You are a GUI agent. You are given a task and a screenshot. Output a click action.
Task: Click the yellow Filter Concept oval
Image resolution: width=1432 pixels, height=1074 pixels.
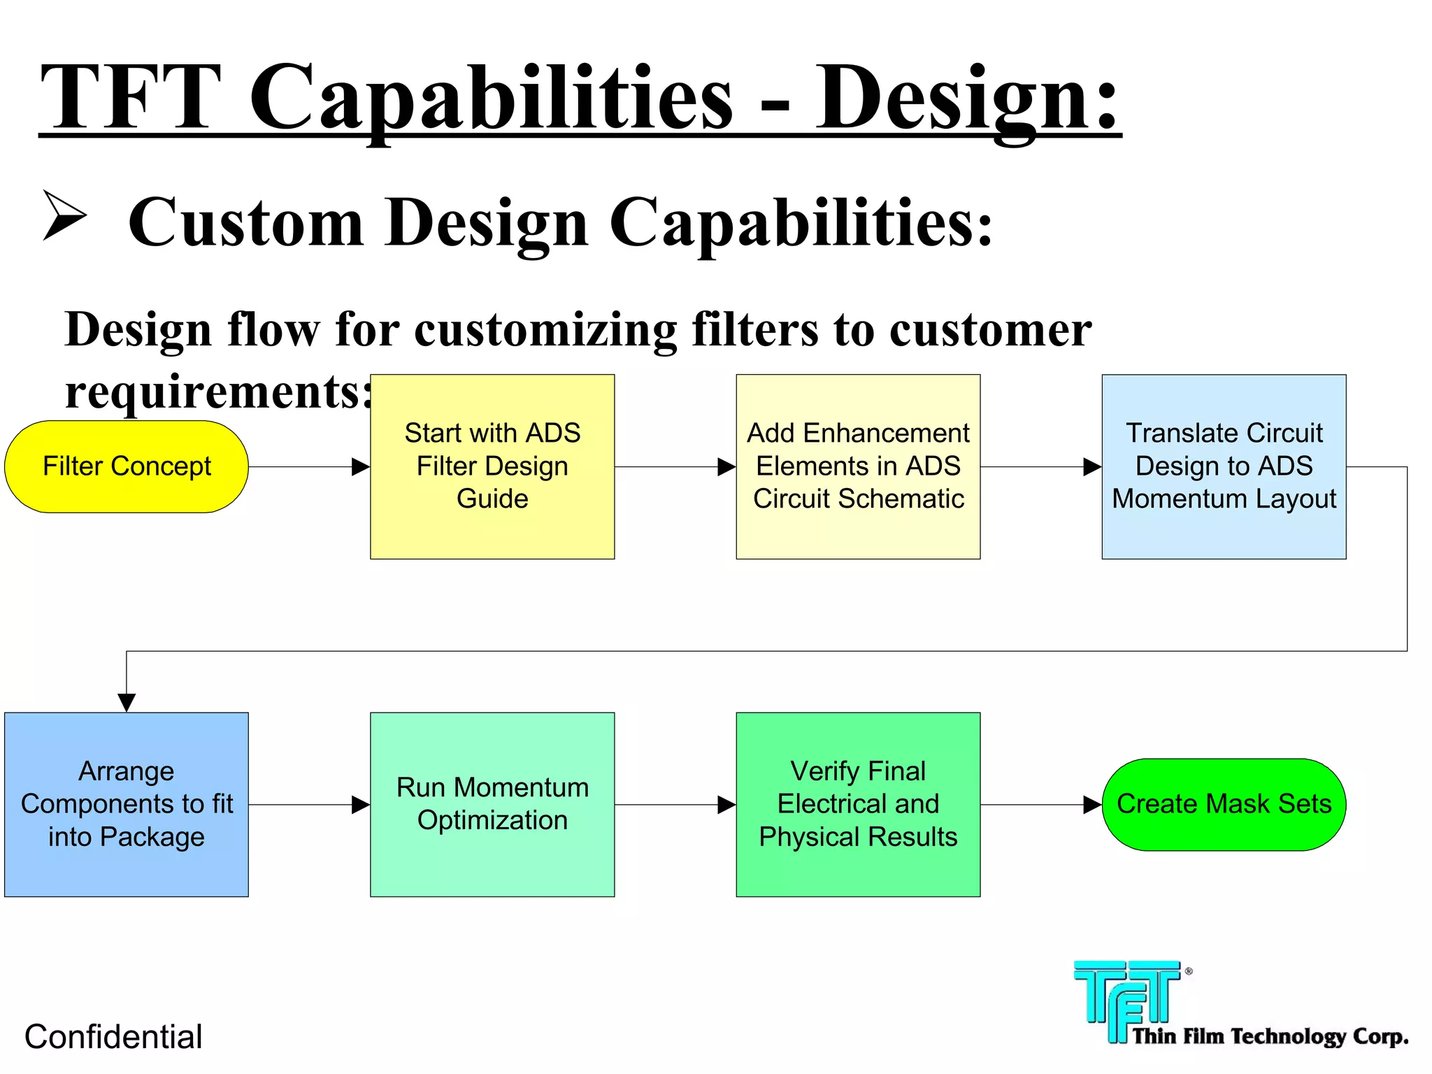[127, 466]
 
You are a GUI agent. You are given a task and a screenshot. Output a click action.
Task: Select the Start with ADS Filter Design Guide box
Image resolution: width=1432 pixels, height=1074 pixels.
[492, 466]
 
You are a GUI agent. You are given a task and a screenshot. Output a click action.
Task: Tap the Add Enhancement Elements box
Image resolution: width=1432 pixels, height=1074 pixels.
[858, 466]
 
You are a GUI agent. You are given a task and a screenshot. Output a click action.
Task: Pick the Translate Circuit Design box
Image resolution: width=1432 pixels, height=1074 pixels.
[1224, 466]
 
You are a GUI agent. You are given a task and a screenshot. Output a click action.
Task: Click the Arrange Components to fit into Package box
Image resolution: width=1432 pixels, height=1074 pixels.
[127, 804]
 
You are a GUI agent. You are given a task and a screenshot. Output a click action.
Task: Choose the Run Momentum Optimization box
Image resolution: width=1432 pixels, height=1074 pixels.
[492, 804]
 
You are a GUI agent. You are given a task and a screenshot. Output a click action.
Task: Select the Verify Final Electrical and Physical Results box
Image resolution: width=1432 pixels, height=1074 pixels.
[858, 804]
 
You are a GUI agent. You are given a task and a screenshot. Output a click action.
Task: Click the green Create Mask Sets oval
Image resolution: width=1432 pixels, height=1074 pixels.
[1224, 804]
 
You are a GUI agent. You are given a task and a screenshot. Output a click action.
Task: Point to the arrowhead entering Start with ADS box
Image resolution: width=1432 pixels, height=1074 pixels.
[360, 466]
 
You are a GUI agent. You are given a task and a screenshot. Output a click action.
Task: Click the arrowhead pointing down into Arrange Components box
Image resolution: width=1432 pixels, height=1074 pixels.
[127, 702]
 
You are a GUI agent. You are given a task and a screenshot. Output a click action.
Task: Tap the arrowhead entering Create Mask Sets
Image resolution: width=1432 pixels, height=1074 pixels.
[1091, 804]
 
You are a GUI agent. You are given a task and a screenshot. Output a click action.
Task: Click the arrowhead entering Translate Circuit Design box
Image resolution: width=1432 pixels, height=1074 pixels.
[1091, 466]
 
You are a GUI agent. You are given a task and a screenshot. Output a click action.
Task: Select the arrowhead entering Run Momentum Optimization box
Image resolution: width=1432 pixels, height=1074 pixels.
[360, 804]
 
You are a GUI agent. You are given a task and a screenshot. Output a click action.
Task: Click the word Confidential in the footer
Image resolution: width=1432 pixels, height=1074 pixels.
[113, 1036]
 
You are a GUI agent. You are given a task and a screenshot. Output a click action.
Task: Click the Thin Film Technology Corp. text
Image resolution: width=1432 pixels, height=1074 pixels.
[1269, 1036]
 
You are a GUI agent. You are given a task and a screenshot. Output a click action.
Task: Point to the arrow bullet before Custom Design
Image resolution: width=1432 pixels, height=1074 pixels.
[64, 215]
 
